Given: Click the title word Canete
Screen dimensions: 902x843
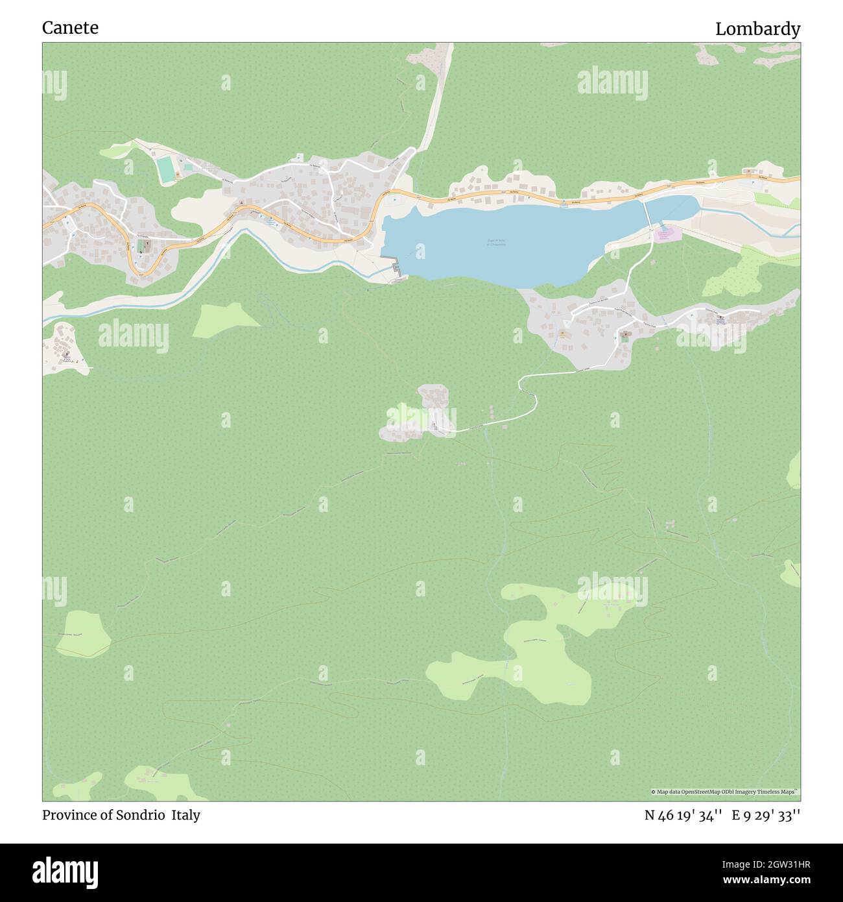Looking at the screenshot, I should pos(70,28).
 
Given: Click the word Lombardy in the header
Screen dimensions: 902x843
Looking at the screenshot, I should pos(757,29).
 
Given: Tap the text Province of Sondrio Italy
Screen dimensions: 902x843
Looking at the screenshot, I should pos(121,815).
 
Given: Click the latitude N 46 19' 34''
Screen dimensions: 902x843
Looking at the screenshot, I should pos(683,816).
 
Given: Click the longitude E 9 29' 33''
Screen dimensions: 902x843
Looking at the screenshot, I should pos(766,816).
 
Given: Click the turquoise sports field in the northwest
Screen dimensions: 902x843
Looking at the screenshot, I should pos(167,169).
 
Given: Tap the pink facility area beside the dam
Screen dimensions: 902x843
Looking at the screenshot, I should pos(663,235).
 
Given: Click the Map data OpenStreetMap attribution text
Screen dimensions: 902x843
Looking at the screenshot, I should pos(724,792).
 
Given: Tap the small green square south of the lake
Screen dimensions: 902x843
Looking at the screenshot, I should pos(625,337).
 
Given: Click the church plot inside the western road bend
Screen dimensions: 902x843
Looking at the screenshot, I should pos(145,247).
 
